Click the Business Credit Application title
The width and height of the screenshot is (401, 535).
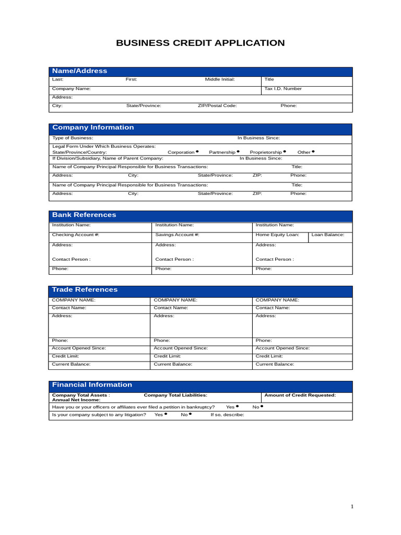[x=200, y=43]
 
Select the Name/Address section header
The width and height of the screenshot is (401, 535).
[x=79, y=71]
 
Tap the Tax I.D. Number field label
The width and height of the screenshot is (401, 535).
[x=283, y=89]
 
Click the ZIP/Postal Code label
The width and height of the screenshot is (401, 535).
[x=217, y=106]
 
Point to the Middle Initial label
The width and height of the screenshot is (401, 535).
[x=220, y=79]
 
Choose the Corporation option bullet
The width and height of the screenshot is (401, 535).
[x=197, y=152]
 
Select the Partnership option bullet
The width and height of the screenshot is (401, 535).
[x=238, y=152]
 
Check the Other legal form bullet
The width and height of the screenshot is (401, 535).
[x=313, y=152]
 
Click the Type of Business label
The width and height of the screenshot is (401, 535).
[x=73, y=138]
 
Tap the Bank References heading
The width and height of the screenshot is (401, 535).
[x=84, y=215]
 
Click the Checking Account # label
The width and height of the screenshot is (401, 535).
[x=76, y=235]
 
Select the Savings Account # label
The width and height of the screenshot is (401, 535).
[x=178, y=235]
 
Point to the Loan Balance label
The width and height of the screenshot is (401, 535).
[x=328, y=235]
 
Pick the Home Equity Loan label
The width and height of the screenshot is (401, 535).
[x=277, y=235]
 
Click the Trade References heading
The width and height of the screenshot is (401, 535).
[x=85, y=289]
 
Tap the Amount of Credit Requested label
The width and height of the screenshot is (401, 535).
[x=300, y=396]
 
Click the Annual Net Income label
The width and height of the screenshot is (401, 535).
[x=76, y=400]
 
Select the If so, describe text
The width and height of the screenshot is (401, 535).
[x=227, y=415]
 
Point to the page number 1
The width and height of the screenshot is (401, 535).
[x=352, y=507]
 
